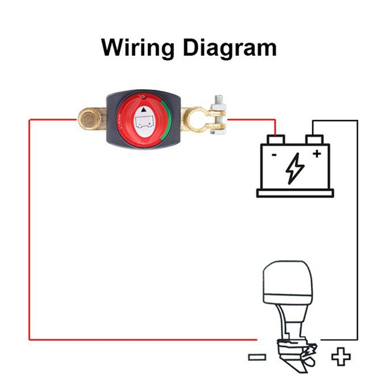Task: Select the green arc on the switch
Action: point(165,121)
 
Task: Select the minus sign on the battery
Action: point(274,155)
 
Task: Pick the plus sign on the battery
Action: point(317,154)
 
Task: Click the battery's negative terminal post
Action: point(276,139)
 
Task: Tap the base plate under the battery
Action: point(295,193)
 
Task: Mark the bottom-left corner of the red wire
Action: point(30,339)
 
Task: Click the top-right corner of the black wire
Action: point(357,121)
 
